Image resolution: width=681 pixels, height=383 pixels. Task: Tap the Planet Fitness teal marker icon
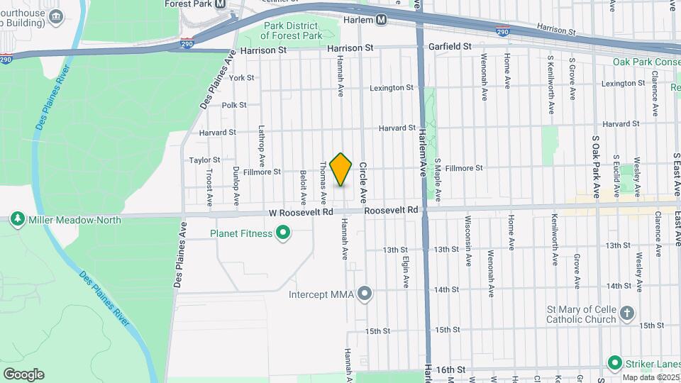point(283,233)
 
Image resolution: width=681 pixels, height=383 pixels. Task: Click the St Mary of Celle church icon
point(626,313)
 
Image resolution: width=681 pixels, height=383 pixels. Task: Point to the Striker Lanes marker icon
point(614,362)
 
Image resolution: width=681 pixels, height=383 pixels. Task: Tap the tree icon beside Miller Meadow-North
point(18,220)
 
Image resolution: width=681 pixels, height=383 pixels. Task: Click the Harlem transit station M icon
point(382,20)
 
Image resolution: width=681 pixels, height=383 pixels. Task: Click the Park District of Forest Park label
point(292,30)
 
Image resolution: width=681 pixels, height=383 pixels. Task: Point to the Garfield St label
point(450,46)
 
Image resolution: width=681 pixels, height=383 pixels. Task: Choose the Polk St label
point(233,105)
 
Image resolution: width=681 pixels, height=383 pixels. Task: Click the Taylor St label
point(204,160)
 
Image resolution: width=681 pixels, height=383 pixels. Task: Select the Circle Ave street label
point(362,179)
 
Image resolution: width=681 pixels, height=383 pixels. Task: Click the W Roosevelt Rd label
point(301,212)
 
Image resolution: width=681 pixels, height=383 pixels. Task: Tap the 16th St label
point(450,370)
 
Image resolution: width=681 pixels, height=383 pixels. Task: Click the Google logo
point(23,374)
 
